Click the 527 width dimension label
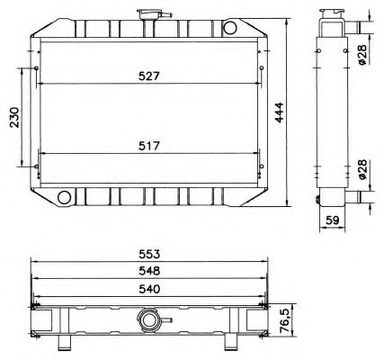149,76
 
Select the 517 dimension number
149,144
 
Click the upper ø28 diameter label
361,55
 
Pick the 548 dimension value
149,271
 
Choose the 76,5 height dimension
285,319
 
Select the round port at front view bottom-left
64,196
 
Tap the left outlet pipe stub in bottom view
66,342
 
